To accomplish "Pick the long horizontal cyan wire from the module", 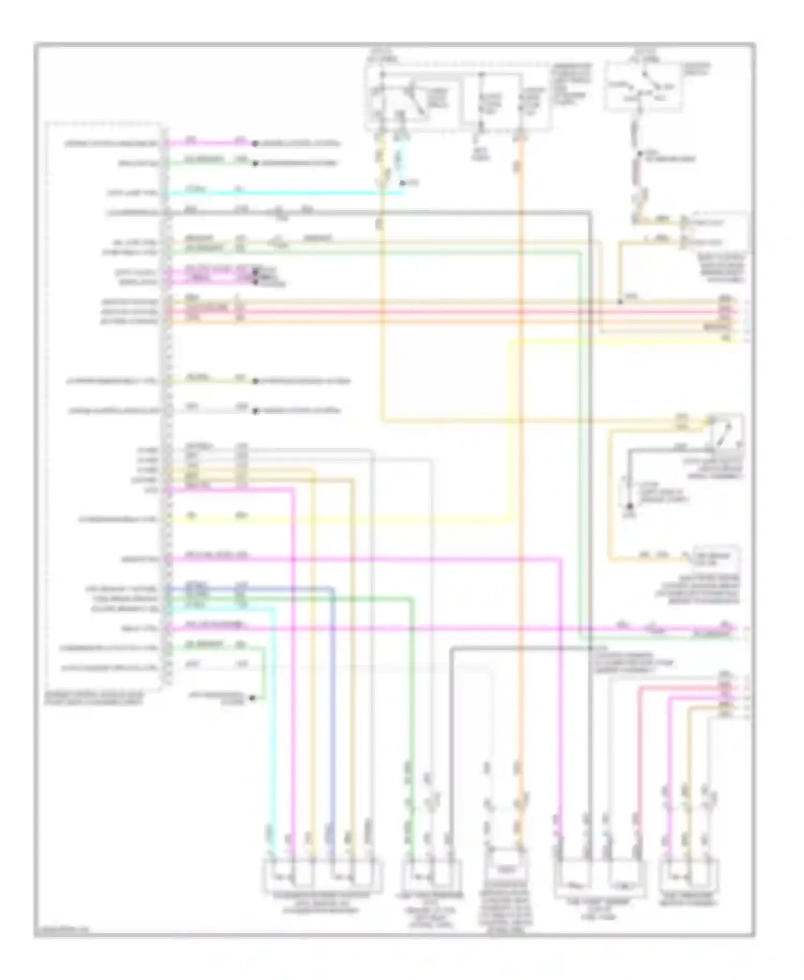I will coord(284,192).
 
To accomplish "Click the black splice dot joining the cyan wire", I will coord(403,184).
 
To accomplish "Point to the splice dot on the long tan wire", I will coord(620,302).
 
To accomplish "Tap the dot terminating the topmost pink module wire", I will coord(255,144).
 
